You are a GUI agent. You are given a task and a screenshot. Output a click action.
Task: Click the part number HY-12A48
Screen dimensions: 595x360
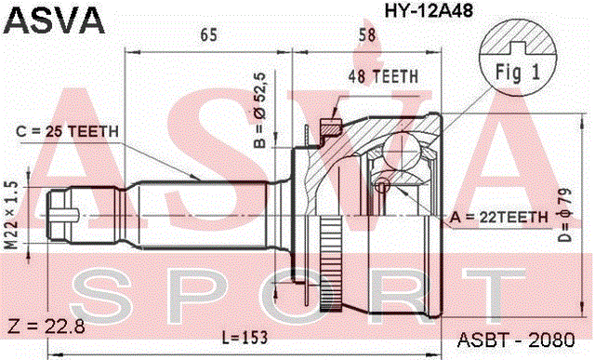(x=429, y=10)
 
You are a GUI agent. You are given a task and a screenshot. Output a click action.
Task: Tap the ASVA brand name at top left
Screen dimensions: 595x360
(x=54, y=20)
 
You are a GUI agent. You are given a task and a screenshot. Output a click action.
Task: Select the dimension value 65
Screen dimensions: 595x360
(x=208, y=35)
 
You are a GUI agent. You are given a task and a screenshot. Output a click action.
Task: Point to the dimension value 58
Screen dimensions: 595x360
(x=367, y=35)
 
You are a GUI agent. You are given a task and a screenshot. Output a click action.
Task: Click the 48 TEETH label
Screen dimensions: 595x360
(x=383, y=76)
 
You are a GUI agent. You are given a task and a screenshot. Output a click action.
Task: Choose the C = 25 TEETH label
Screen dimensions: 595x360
(x=68, y=132)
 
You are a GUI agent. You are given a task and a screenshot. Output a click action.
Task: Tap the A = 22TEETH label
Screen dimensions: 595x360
(x=499, y=218)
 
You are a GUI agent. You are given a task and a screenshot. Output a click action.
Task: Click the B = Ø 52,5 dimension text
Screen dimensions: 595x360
(x=260, y=110)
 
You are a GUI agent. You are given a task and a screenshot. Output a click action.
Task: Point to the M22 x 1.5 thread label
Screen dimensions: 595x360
(x=12, y=215)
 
